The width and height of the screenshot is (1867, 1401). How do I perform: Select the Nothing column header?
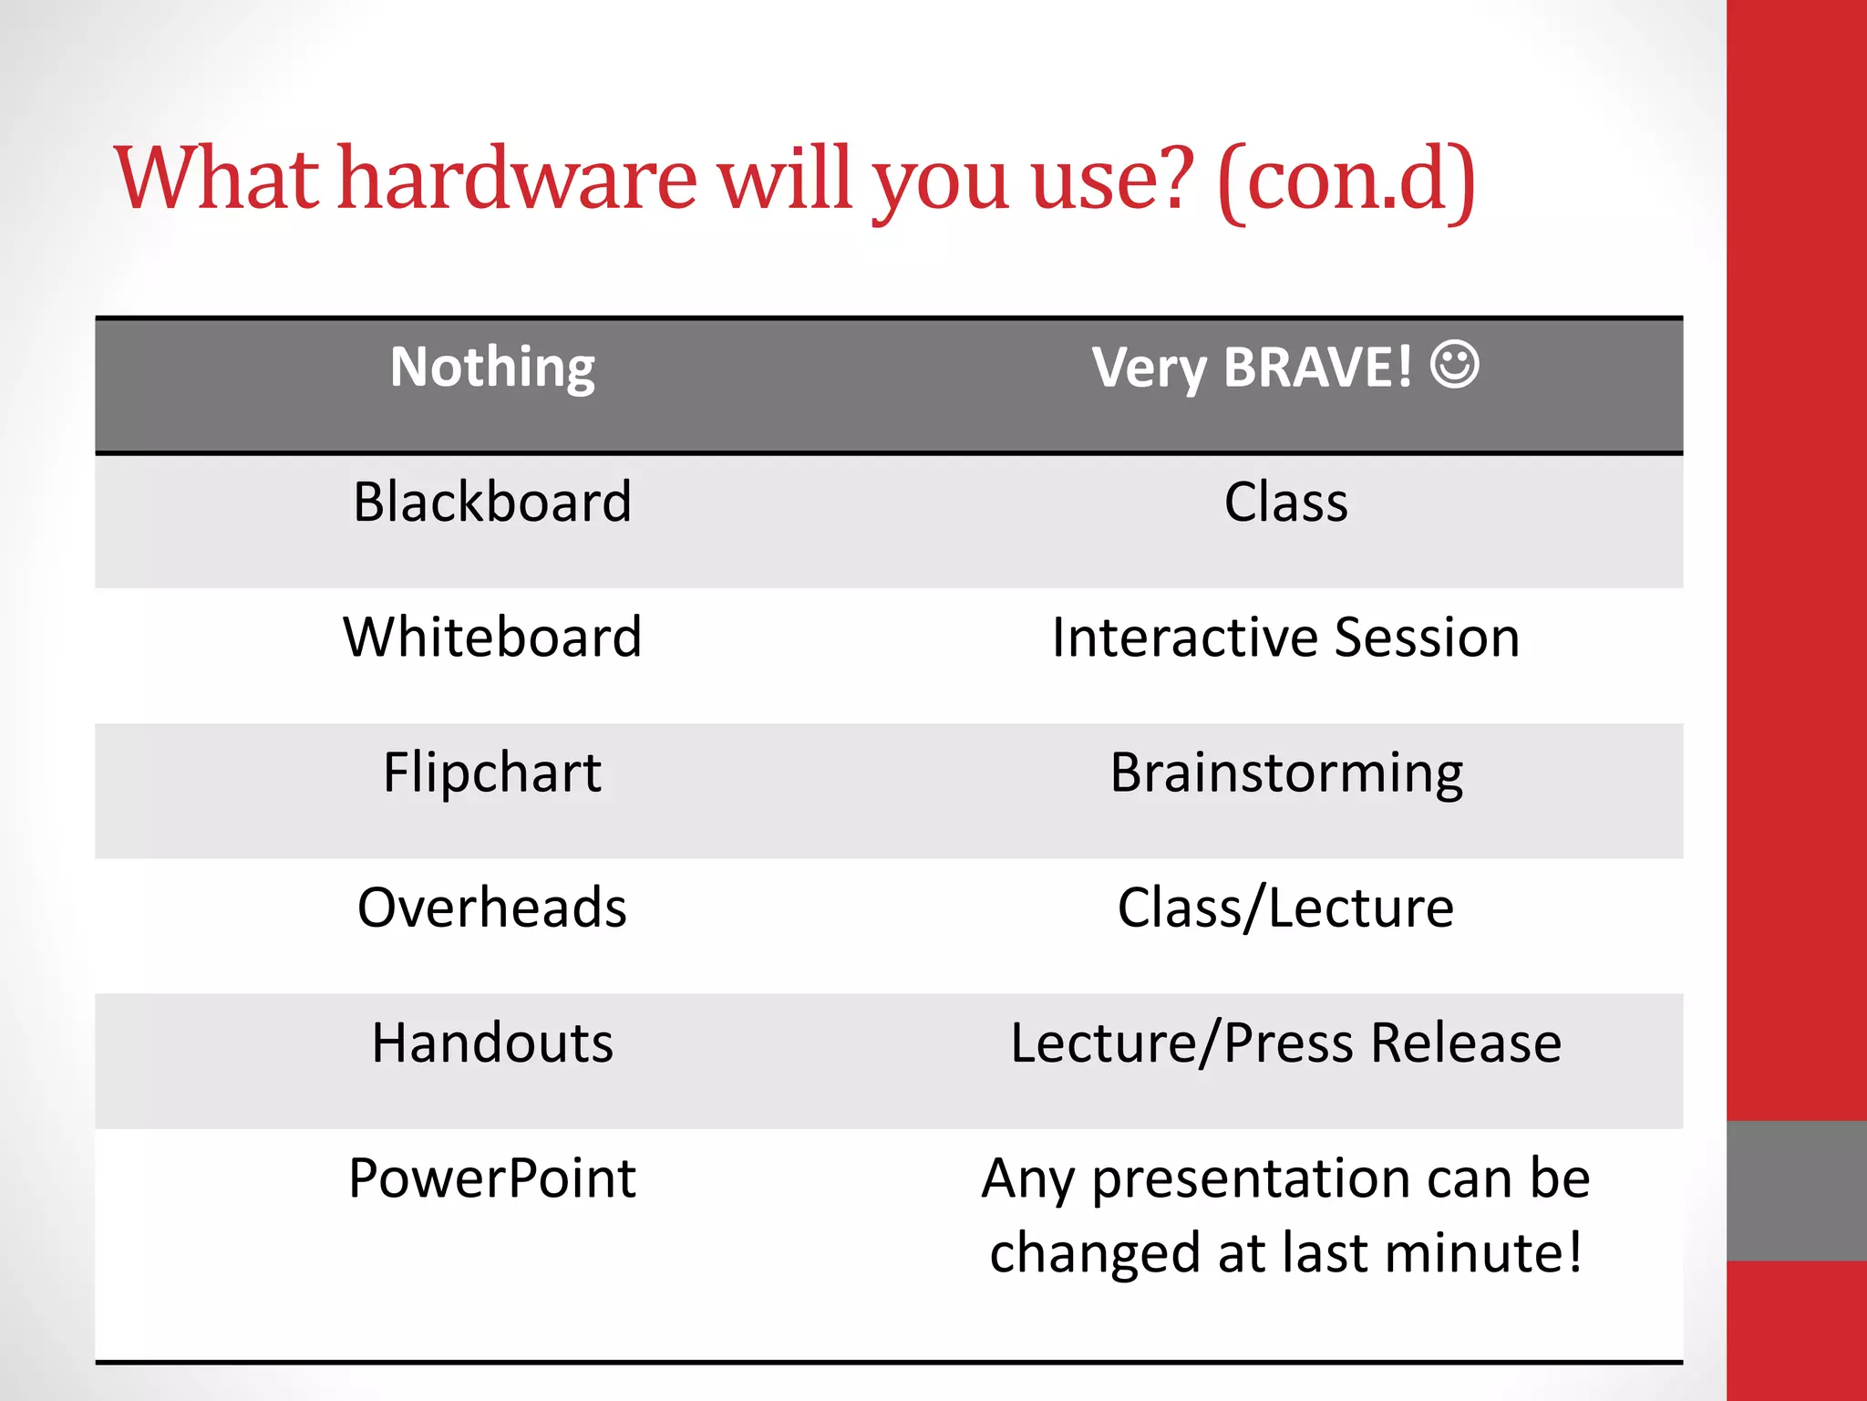pos(492,368)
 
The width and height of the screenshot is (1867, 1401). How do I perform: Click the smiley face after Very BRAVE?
pos(1454,365)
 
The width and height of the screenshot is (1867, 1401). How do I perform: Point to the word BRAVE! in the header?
pos(1317,368)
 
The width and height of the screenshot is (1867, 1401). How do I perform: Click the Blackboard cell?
pos(492,503)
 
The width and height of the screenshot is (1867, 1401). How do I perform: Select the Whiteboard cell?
pos(492,638)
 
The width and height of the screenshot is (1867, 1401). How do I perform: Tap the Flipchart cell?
pos(492,773)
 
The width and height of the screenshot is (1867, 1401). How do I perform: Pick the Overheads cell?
pos(492,908)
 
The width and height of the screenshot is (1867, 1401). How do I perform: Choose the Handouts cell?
pos(492,1043)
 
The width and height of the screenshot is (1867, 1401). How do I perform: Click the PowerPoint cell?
pos(492,1178)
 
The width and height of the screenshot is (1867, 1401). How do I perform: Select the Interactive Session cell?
pos(1285,638)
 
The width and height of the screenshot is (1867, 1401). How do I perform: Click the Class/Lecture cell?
pos(1285,908)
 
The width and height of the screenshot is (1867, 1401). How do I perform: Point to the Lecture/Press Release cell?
pos(1285,1043)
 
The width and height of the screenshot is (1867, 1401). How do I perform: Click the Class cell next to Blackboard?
pos(1285,503)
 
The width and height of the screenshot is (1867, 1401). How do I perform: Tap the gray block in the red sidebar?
pos(1796,1190)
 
